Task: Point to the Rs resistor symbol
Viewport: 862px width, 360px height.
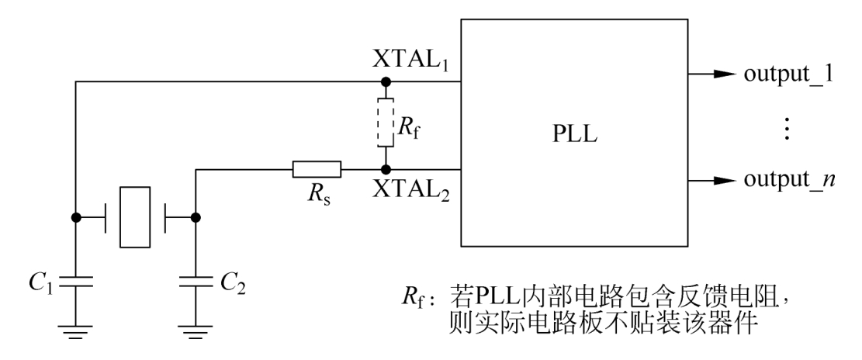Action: (317, 169)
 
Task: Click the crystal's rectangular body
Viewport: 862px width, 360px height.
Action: (134, 217)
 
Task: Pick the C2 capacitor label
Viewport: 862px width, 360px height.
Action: (234, 285)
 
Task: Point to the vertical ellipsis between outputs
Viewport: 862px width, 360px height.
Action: (788, 128)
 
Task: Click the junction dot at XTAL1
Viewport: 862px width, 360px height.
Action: (386, 81)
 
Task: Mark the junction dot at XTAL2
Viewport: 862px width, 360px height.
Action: (386, 169)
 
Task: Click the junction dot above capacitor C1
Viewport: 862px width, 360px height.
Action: (75, 218)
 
